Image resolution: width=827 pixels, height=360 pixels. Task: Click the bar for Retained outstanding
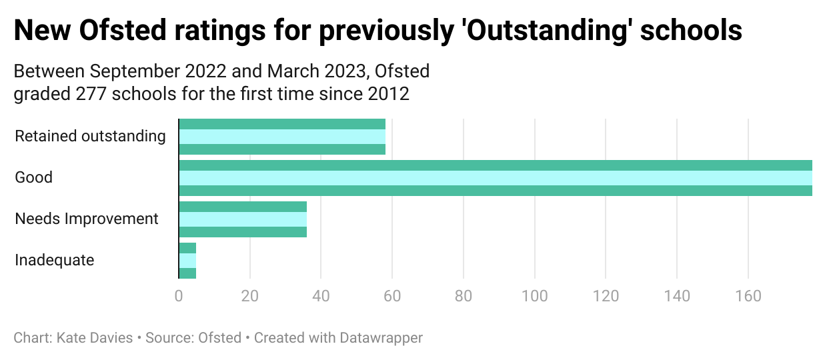click(x=282, y=137)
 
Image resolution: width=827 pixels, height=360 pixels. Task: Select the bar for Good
click(x=496, y=178)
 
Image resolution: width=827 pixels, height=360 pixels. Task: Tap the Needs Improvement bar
click(x=243, y=219)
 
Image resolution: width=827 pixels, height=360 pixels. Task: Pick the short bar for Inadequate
click(x=187, y=260)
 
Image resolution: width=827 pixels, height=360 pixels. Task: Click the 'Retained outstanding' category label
click(x=90, y=137)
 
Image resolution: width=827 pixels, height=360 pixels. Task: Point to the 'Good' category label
click(x=33, y=178)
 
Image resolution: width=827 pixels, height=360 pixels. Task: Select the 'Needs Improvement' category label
click(x=87, y=219)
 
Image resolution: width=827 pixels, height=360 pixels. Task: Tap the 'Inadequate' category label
click(x=55, y=260)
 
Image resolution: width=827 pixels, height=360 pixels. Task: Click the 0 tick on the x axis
click(x=179, y=296)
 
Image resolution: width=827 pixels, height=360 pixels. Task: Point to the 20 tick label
click(x=249, y=296)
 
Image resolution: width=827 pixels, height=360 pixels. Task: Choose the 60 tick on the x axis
click(x=392, y=296)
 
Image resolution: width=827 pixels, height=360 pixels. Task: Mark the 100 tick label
click(x=534, y=296)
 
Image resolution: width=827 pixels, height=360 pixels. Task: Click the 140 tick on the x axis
click(x=677, y=296)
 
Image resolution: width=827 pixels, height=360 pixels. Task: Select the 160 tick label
click(x=748, y=296)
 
